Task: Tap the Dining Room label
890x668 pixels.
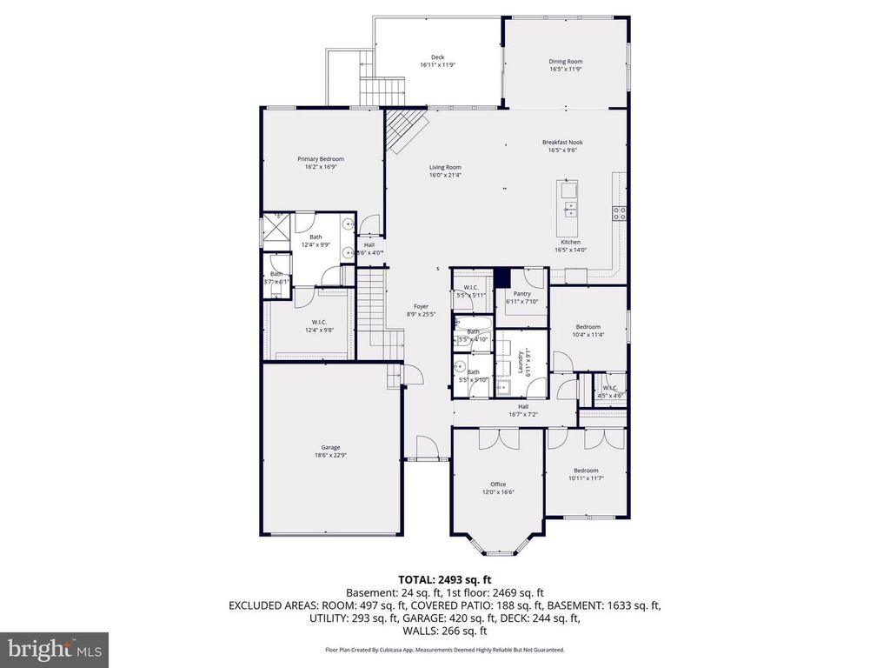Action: (x=565, y=62)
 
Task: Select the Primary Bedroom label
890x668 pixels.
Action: (x=321, y=159)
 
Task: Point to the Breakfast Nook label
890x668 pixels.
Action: (x=562, y=143)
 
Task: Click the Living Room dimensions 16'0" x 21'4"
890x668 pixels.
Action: (x=445, y=175)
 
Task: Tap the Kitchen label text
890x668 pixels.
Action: (x=569, y=243)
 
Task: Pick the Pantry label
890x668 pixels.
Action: (x=521, y=294)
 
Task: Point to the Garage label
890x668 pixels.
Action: (x=330, y=447)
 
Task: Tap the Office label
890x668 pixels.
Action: (x=497, y=484)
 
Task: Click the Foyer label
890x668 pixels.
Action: (x=421, y=306)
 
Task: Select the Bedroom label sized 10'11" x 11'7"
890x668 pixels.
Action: (x=585, y=471)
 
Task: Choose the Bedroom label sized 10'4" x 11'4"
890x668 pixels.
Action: (x=588, y=327)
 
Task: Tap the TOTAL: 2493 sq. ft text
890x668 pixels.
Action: (x=445, y=579)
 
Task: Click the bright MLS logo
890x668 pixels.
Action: (x=54, y=648)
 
